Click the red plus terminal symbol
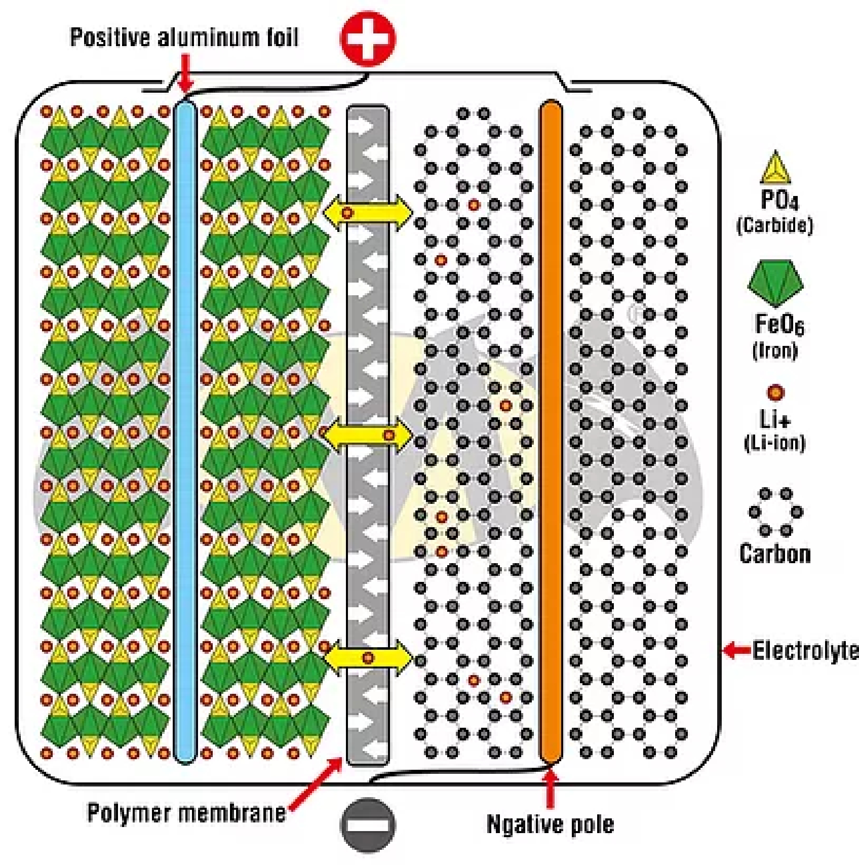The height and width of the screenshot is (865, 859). point(368,39)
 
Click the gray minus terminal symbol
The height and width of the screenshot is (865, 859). point(368,825)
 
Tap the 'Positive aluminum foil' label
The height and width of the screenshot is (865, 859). point(184,37)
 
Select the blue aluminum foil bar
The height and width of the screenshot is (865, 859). point(184,430)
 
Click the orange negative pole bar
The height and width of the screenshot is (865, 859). point(551,430)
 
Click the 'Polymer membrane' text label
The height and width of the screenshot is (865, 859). point(186,813)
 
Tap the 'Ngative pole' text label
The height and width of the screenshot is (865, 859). point(550,824)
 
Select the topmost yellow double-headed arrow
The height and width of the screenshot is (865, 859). point(368,213)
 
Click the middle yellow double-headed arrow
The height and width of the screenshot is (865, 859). point(368,435)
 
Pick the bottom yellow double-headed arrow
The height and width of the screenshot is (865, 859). point(368,658)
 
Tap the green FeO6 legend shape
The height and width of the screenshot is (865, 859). point(775,283)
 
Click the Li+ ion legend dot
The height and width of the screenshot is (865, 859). point(775,392)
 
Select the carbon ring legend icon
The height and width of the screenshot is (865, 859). point(775,512)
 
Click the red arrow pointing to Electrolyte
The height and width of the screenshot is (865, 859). point(736,650)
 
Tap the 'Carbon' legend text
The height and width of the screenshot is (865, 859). point(775,554)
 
